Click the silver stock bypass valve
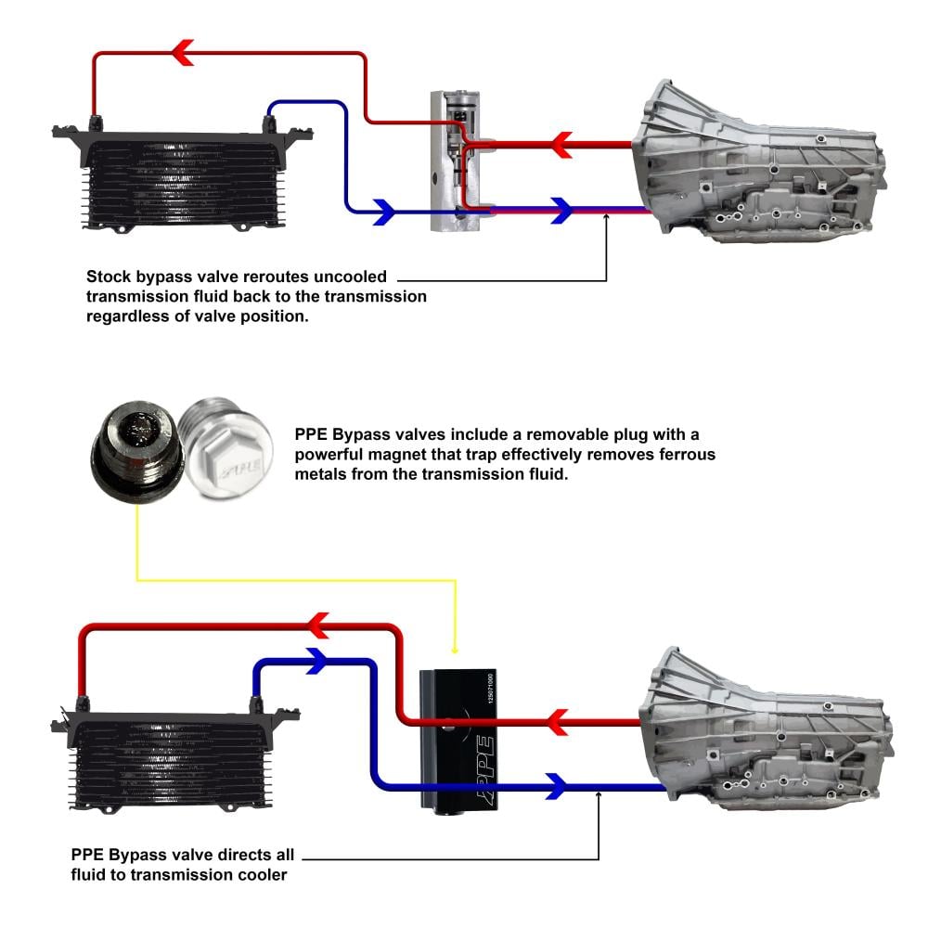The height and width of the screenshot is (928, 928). point(455,160)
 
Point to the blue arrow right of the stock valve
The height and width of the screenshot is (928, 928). point(560,211)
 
